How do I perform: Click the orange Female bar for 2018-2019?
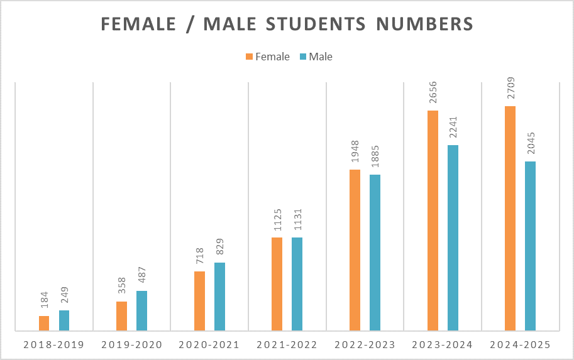pyautogui.click(x=44, y=323)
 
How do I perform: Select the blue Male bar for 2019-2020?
pyautogui.click(x=141, y=310)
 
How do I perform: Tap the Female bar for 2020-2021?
pyautogui.click(x=199, y=301)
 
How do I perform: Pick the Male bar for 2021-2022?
pyautogui.click(x=297, y=284)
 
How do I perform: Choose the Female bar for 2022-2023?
pyautogui.click(x=355, y=250)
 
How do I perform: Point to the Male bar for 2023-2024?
pyautogui.click(x=453, y=237)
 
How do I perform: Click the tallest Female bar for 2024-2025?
pyautogui.click(x=510, y=218)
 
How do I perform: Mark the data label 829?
pyautogui.click(x=219, y=248)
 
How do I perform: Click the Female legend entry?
pyautogui.click(x=267, y=57)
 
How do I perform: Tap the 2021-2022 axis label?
pyautogui.click(x=287, y=345)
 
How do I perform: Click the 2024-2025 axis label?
pyautogui.click(x=519, y=345)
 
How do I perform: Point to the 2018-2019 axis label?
pyautogui.click(x=53, y=345)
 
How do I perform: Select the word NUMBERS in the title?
pyautogui.click(x=426, y=25)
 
